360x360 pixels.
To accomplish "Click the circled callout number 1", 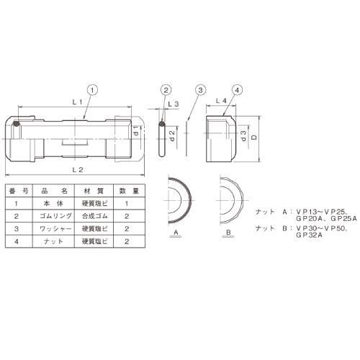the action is (x=93, y=90).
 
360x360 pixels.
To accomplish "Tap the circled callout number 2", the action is (x=166, y=90).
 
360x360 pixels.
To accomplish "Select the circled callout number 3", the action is (x=200, y=90).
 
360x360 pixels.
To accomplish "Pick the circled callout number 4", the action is (x=237, y=90).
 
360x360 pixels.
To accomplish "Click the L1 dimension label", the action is (x=77, y=102).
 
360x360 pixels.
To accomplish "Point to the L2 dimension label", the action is (x=78, y=170).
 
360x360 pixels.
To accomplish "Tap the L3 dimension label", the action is (x=174, y=104).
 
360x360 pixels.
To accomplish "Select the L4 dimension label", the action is (x=221, y=101).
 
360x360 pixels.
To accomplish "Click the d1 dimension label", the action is (x=136, y=130).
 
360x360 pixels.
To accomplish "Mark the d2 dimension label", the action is (x=172, y=135).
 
